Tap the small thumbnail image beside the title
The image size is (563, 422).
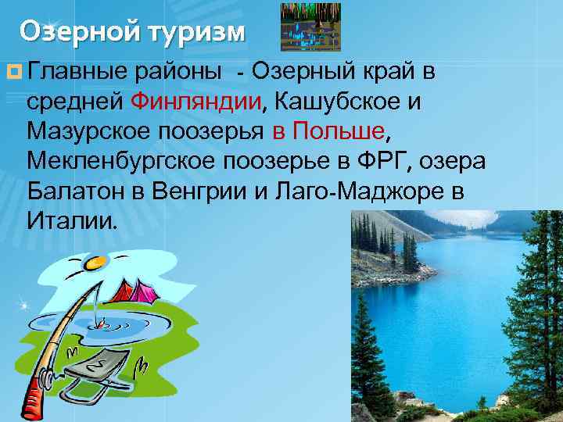pos(310,27)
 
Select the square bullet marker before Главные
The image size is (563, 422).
pos(15,73)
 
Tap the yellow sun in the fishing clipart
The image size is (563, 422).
pos(94,263)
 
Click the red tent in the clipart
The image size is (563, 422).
pos(129,292)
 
